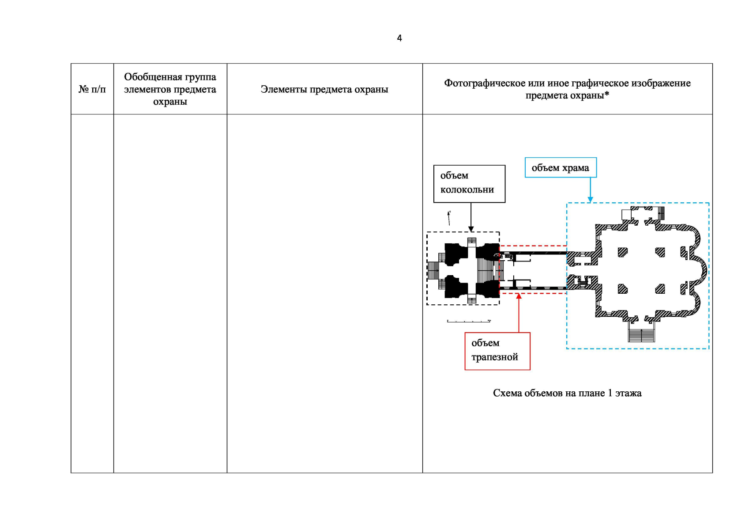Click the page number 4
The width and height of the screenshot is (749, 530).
399,38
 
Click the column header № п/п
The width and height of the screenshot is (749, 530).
92,89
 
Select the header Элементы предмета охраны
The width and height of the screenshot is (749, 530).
324,89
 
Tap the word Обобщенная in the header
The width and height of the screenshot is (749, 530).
145,77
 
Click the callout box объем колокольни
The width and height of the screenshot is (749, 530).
469,184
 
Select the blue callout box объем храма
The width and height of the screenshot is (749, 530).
561,168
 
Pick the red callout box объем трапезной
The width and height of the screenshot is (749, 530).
497,351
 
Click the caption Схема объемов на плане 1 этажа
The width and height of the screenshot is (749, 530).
567,393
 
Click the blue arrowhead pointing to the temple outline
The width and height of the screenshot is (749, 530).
590,200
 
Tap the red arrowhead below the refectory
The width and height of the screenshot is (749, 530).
519,296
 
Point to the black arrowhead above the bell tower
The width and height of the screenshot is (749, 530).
471,229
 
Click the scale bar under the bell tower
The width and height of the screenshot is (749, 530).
469,321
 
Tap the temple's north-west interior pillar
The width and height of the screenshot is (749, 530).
622,252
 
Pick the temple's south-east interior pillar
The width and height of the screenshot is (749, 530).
660,289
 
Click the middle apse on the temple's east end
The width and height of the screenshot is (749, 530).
702,270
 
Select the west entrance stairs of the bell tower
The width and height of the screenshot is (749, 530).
433,270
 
